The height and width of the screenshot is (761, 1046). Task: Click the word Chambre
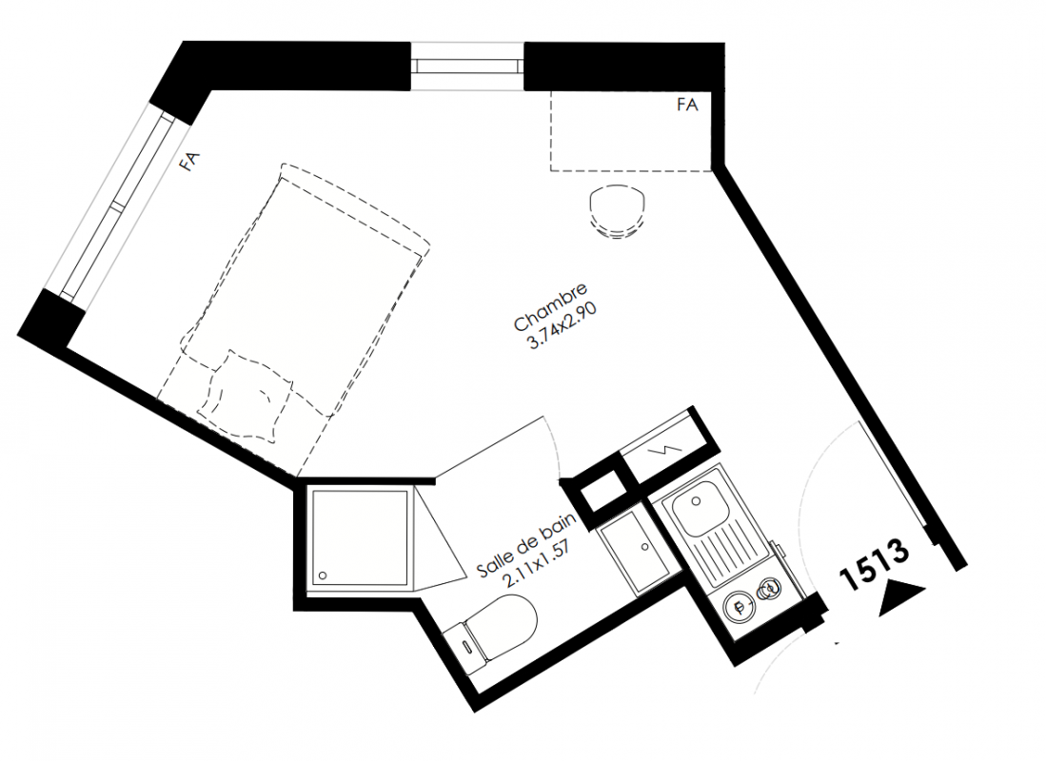coord(551,307)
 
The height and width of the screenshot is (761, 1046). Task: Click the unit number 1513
coord(875,564)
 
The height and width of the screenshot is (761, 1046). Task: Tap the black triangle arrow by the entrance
coord(902,597)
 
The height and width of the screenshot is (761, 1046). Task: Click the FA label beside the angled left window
coord(190,162)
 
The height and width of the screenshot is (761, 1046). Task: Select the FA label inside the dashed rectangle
coord(687,105)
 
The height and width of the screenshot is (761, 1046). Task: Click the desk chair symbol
coord(618,211)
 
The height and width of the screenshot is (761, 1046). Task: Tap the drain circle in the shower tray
coord(324,575)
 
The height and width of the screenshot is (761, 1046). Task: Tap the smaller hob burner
coord(769,590)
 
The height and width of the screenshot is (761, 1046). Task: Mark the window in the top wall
coord(467,66)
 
